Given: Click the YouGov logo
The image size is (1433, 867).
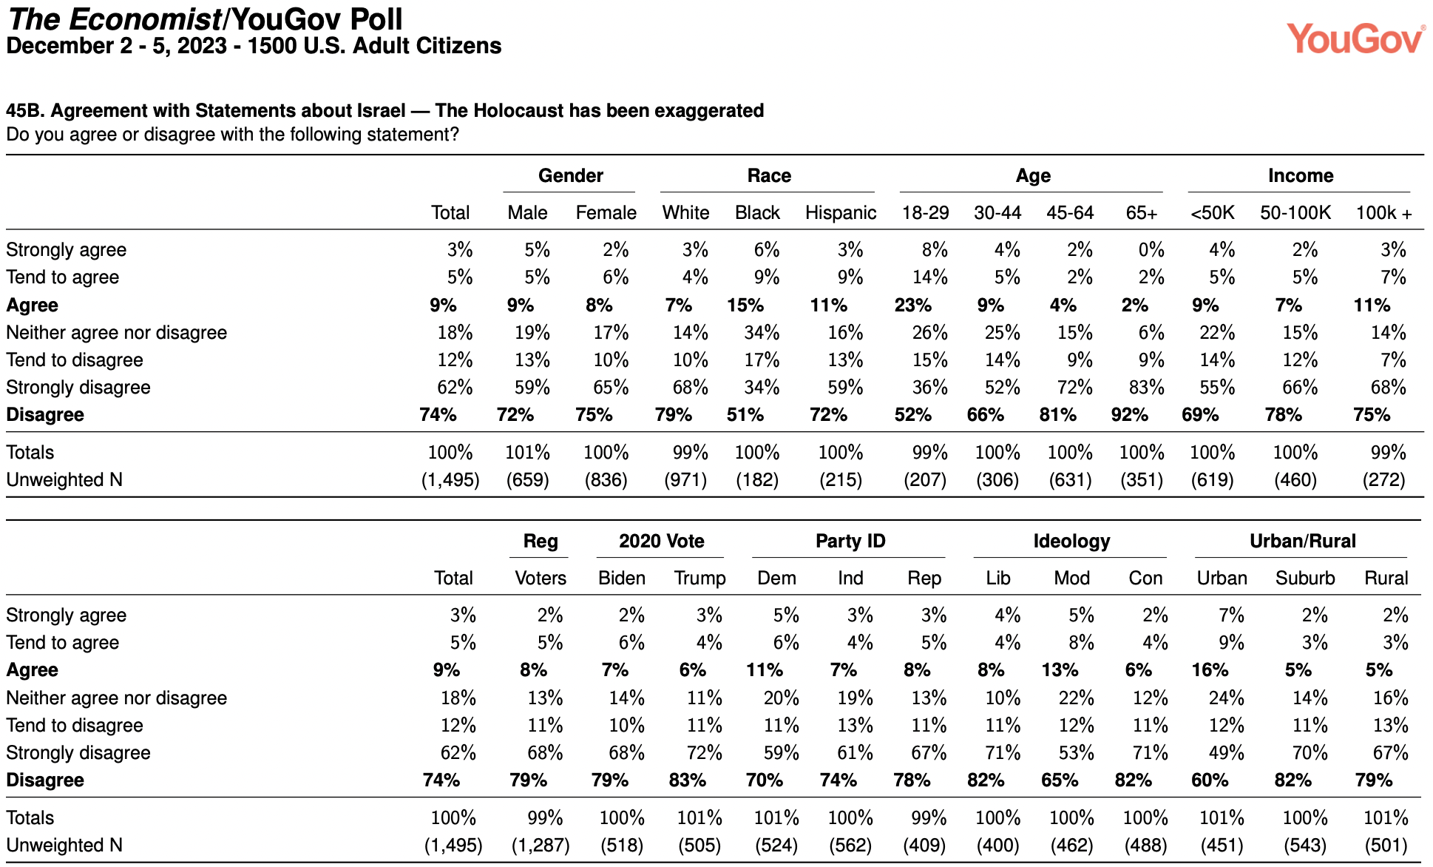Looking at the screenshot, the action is (1355, 38).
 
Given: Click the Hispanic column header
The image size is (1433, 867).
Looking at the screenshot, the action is (841, 213).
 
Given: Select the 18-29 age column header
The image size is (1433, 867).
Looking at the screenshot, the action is (925, 213).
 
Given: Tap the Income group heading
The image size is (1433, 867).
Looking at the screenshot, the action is (1301, 175).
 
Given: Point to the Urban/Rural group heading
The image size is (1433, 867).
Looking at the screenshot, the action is (1303, 541).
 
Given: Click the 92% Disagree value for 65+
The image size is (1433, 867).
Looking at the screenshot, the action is (1129, 415).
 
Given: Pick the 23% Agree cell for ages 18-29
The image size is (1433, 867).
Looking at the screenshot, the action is (913, 306).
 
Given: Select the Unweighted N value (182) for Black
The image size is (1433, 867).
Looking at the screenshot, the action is (757, 480).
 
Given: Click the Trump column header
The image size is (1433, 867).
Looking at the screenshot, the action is (699, 578).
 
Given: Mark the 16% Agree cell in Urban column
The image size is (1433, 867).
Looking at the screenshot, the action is (1210, 670).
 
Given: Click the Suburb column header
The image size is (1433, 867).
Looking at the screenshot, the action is (1305, 578).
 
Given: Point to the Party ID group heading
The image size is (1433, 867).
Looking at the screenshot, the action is (850, 541).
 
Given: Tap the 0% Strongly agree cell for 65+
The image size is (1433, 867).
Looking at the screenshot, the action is (1151, 250).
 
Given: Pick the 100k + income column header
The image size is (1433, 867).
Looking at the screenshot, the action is (1383, 213).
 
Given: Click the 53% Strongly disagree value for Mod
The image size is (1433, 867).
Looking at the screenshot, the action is (1076, 753).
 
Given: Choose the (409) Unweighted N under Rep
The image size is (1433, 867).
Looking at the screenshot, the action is (924, 846).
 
